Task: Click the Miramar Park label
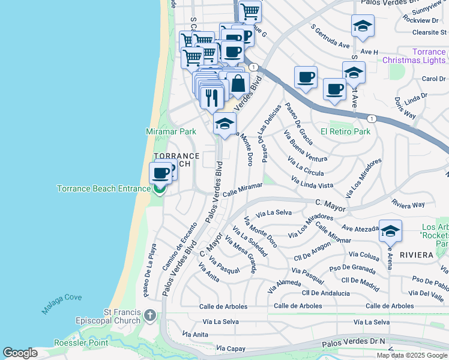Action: (x=171, y=131)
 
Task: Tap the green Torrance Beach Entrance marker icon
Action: (x=159, y=190)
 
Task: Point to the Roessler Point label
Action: (x=80, y=343)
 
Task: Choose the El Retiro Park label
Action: (x=345, y=131)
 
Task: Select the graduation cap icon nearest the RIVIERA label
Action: (x=390, y=232)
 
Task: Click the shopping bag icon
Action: (x=238, y=83)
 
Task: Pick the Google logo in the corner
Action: (x=20, y=353)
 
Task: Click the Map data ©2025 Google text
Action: (x=412, y=355)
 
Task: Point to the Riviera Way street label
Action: (x=408, y=204)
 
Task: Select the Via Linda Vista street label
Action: (x=312, y=182)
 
